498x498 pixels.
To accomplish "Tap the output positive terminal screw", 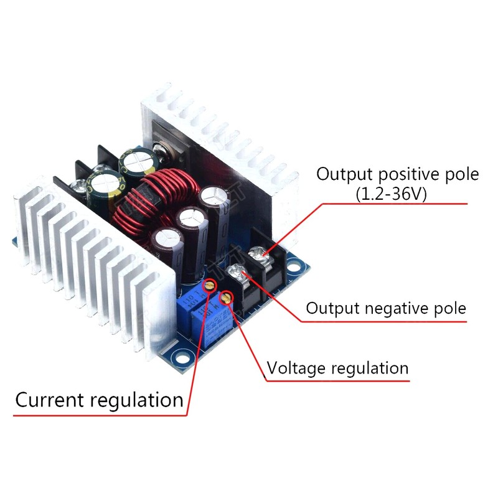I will click(257, 253).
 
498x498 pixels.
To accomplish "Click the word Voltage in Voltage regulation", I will click(295, 368).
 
